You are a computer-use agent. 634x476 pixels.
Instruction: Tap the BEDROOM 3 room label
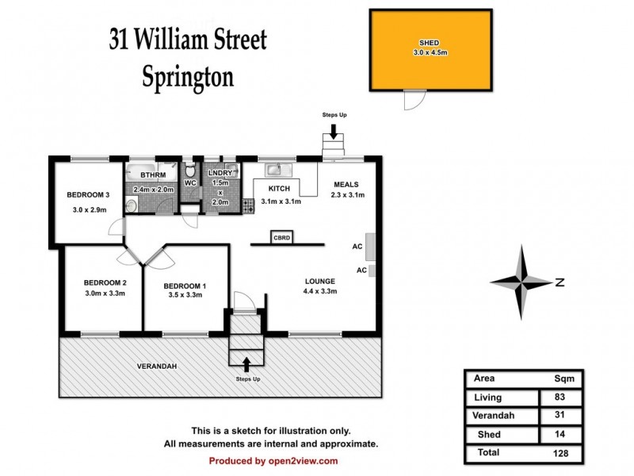pos(87,194)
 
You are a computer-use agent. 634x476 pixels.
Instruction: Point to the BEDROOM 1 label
pos(185,286)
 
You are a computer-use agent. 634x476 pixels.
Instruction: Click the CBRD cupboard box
pos(281,237)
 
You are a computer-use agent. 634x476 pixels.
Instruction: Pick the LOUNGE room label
pos(320,281)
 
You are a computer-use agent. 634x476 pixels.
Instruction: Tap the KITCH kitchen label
pos(279,189)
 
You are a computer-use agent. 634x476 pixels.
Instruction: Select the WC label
pos(190,183)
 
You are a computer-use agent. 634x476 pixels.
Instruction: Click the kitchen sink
pos(276,169)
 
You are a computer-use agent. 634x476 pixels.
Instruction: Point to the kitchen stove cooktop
pos(248,204)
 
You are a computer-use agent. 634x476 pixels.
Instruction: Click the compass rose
pos(521,282)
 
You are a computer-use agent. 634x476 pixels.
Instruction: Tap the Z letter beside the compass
pos(560,282)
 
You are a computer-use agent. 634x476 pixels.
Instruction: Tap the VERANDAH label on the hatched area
pos(155,366)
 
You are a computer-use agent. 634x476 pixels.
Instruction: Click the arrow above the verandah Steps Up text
pos(245,363)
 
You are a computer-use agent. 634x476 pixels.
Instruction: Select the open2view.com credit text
pos(273,461)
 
